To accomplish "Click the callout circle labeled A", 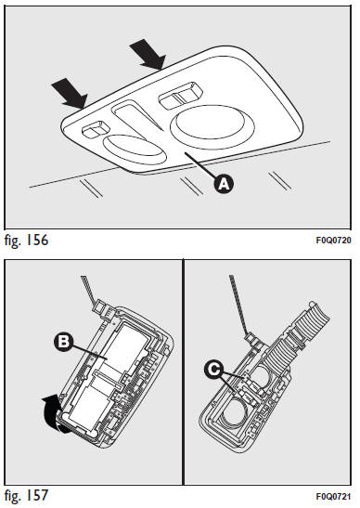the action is tap(224, 184).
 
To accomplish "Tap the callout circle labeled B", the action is tap(64, 342).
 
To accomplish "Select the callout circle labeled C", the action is tap(214, 370).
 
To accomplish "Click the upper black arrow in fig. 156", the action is tap(148, 54).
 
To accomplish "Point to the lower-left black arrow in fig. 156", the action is tap(70, 93).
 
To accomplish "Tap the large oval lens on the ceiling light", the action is tap(212, 126).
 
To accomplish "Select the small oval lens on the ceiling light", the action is tap(135, 150).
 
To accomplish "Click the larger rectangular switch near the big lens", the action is tap(180, 96).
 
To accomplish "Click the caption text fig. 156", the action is tap(27, 240).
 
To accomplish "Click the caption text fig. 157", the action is tap(27, 495).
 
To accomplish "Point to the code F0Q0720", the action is tap(333, 241).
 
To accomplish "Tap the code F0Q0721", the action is tap(333, 496).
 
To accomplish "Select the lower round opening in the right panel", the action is tap(236, 412).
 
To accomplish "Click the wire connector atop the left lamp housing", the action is tap(102, 306).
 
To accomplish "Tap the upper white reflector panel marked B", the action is tap(124, 348).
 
